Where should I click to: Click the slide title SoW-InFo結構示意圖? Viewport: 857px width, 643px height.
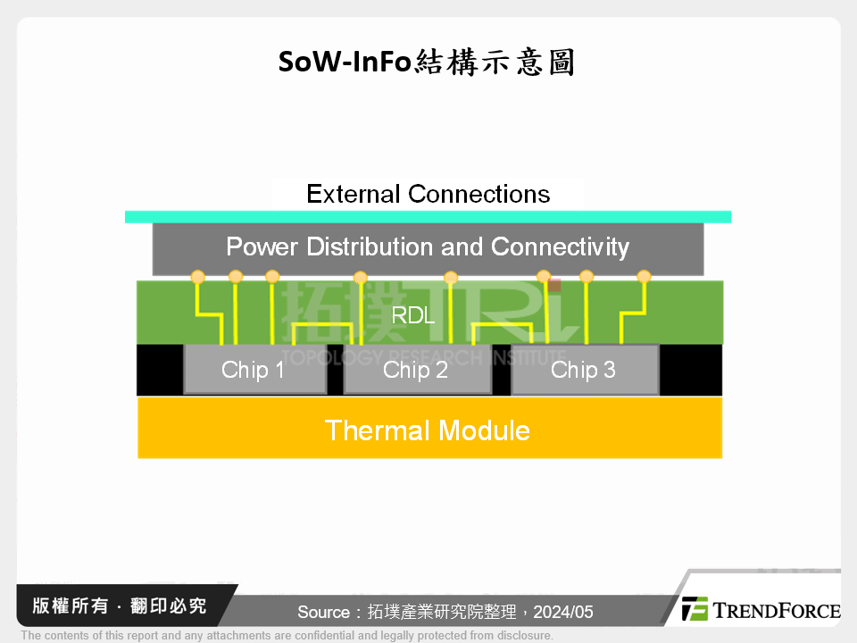click(427, 63)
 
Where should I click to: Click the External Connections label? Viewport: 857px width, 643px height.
click(428, 194)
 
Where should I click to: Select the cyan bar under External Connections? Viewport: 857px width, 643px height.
click(428, 217)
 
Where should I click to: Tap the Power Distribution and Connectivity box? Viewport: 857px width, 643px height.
click(428, 247)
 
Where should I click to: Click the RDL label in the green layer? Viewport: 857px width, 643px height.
click(413, 314)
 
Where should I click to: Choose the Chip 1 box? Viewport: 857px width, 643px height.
click(254, 370)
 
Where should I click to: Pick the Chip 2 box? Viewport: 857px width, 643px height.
click(416, 370)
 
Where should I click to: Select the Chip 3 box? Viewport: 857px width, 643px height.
click(584, 370)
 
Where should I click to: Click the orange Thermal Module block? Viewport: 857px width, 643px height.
click(428, 430)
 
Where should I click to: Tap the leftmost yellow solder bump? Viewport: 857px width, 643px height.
click(198, 277)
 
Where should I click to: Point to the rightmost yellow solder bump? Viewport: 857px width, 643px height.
click(644, 277)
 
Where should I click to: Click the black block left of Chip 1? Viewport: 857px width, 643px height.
click(160, 370)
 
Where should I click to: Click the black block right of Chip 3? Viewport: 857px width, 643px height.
click(691, 370)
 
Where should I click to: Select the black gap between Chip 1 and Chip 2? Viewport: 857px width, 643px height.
click(336, 370)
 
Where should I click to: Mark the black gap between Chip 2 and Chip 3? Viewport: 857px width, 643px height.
click(501, 370)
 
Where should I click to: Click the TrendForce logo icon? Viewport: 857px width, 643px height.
click(695, 609)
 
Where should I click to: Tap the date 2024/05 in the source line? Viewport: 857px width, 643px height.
click(564, 612)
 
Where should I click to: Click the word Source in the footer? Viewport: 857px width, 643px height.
click(323, 612)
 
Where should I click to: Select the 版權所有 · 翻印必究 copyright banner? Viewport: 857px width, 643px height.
click(119, 605)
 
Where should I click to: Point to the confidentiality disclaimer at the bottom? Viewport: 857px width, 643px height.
click(287, 635)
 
